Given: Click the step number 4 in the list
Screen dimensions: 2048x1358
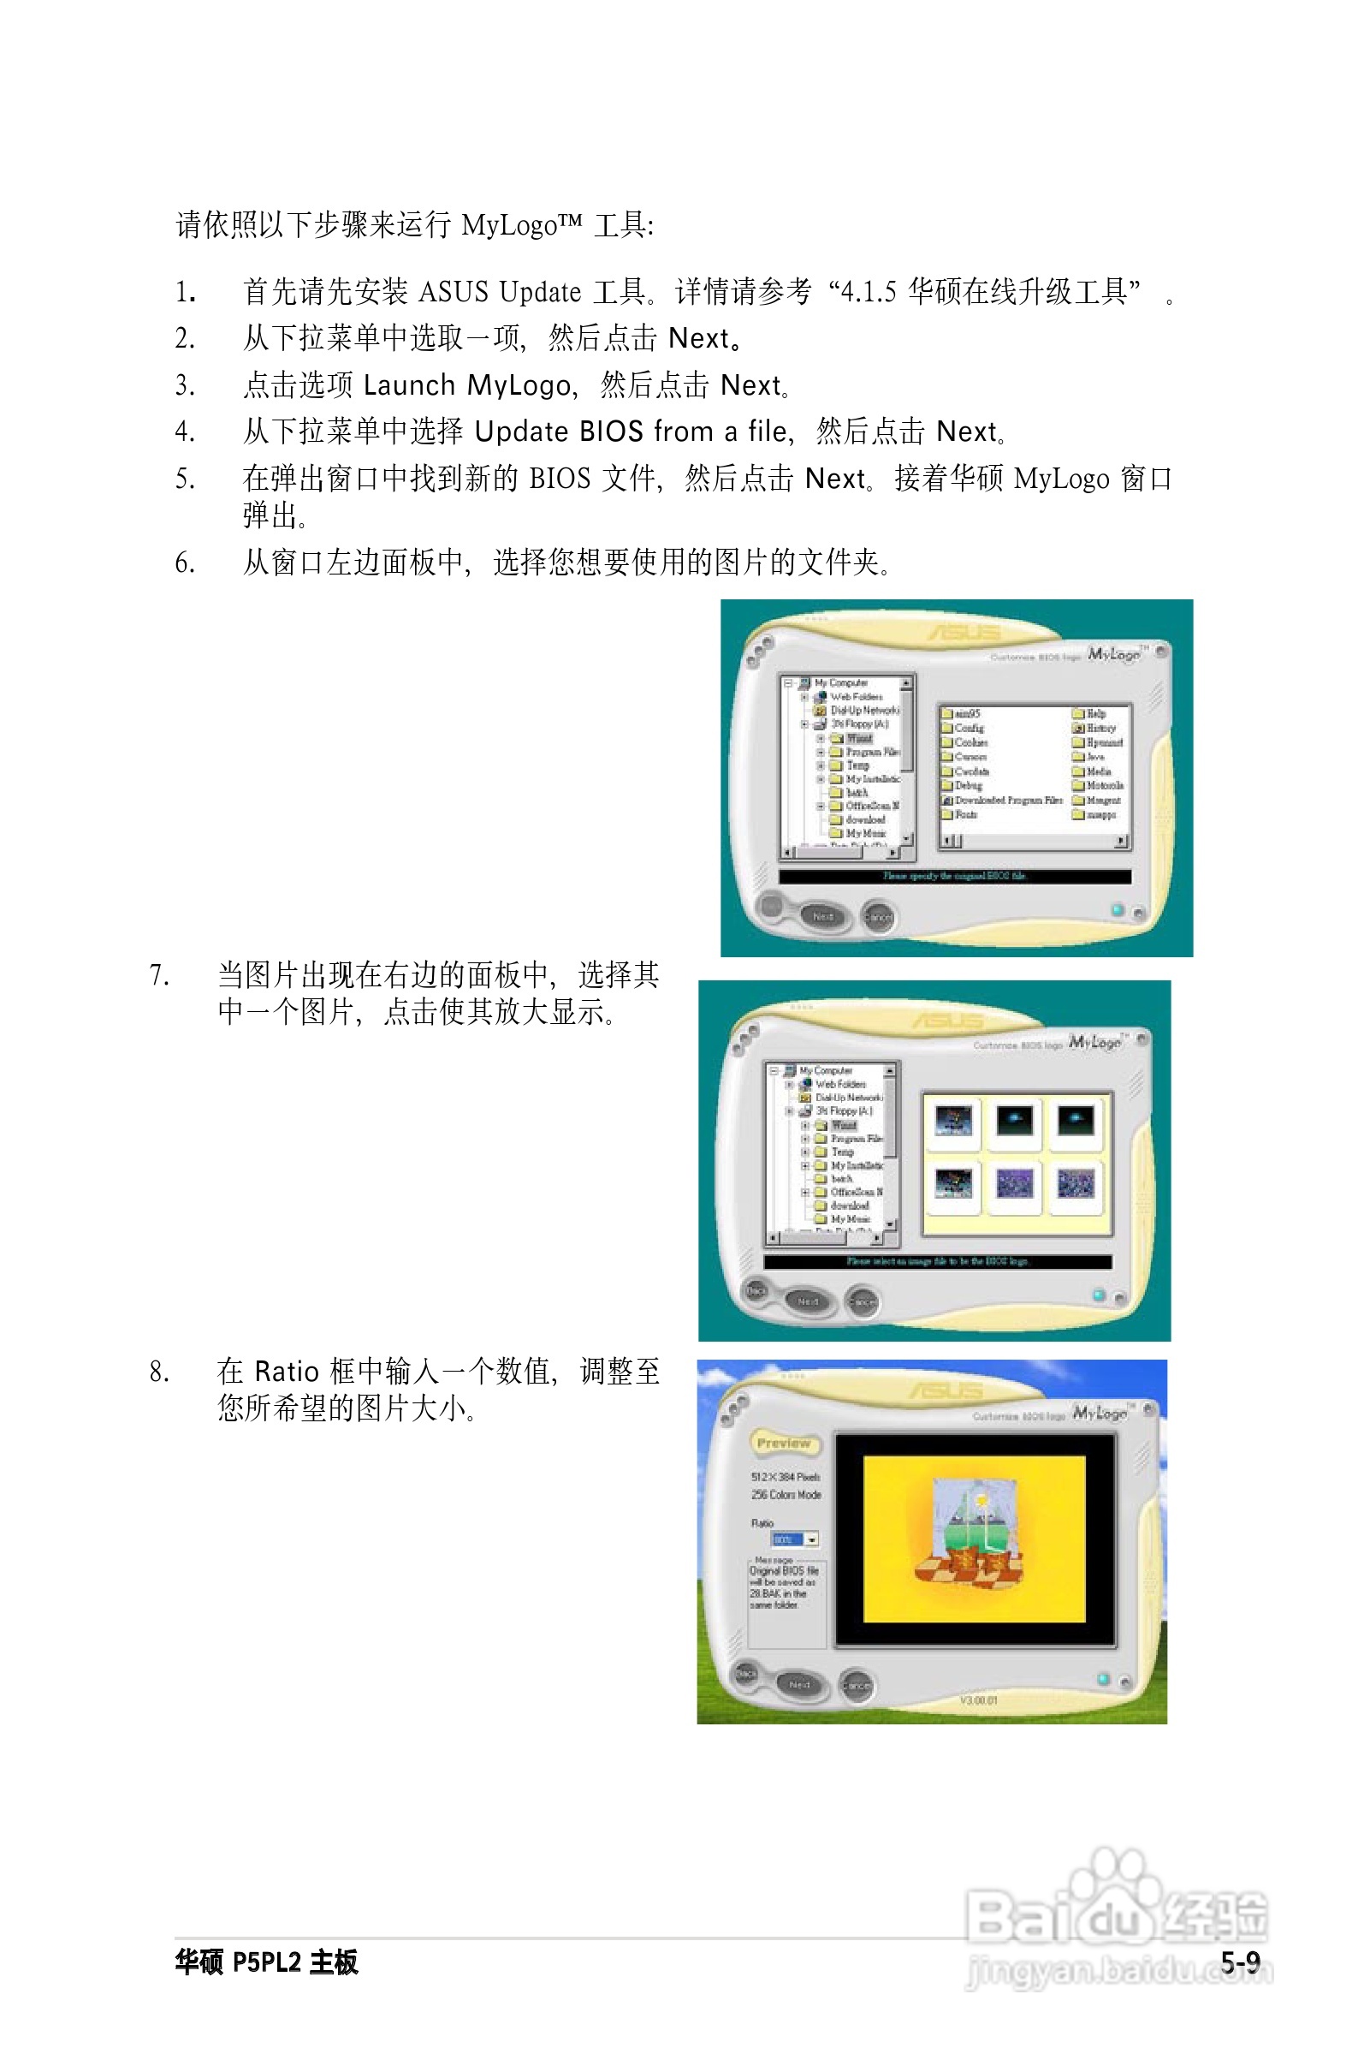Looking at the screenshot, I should [184, 432].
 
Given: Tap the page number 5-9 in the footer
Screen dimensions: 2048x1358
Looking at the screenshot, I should [1240, 1962].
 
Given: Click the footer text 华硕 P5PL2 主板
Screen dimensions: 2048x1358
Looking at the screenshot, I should [266, 1962].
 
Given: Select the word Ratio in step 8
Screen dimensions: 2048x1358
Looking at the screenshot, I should [287, 1372].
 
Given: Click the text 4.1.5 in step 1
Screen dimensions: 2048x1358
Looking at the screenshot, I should [868, 291].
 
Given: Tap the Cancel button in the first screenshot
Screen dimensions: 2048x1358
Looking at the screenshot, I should [878, 917].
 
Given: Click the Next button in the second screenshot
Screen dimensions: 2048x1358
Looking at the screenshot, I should [808, 1301].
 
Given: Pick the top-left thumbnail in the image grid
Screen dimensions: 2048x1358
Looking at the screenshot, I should [952, 1121].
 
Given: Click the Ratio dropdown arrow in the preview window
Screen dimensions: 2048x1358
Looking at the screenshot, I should [811, 1539].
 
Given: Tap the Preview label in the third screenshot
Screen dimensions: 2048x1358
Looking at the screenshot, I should [784, 1444].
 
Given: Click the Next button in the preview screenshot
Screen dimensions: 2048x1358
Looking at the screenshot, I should [798, 1684].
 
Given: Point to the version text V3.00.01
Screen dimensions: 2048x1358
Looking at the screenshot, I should [979, 1700].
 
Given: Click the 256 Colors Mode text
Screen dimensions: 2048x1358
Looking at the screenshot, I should [786, 1494].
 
